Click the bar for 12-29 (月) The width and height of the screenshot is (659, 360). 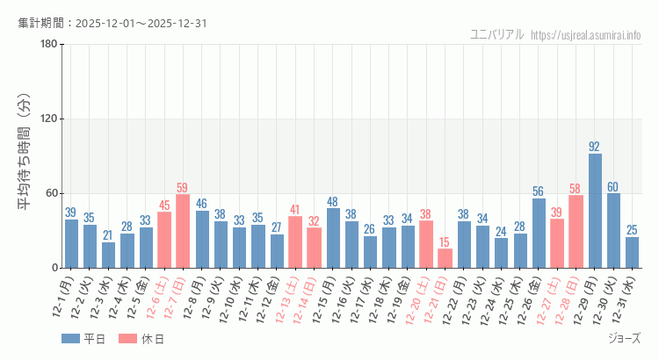[x=595, y=211]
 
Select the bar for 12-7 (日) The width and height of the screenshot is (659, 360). [x=183, y=231]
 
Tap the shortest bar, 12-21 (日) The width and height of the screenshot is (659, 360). [x=445, y=258]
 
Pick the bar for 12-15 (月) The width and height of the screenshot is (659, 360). [x=333, y=238]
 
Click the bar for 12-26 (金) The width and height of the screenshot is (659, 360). [x=539, y=233]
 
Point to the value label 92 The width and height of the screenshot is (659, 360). [x=595, y=147]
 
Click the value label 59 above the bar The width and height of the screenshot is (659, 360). [x=183, y=187]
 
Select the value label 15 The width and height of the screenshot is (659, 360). [x=445, y=241]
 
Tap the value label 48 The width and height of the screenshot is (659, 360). [x=333, y=201]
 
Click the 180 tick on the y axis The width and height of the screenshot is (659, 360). [x=49, y=45]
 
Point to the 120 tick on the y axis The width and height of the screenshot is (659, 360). [x=49, y=119]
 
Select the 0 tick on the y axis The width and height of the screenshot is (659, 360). [x=54, y=268]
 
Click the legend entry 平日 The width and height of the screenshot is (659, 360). [x=83, y=339]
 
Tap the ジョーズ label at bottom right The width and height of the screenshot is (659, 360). [x=624, y=338]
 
